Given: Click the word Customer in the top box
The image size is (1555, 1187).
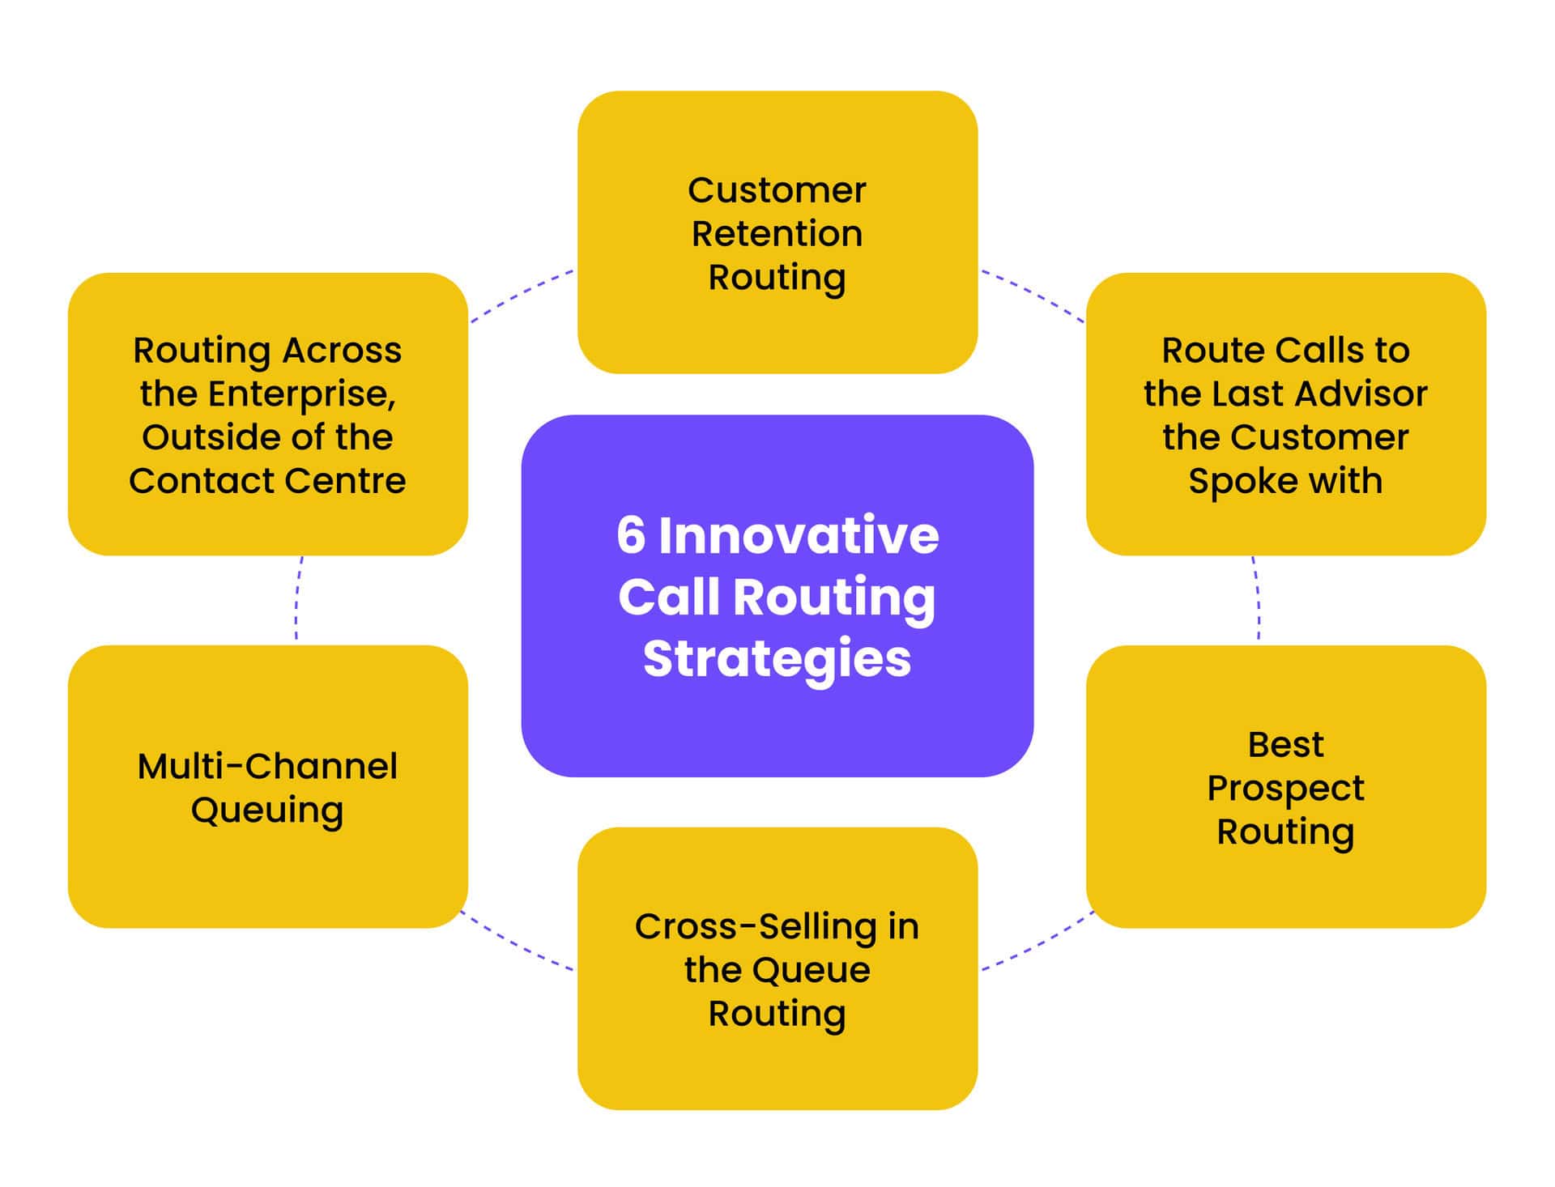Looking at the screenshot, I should pyautogui.click(x=776, y=191).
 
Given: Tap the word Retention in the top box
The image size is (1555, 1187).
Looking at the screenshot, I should pyautogui.click(x=776, y=234).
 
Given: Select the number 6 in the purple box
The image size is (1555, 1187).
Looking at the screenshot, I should pyautogui.click(x=631, y=535).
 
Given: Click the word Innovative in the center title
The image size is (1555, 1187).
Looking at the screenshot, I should pyautogui.click(x=798, y=535).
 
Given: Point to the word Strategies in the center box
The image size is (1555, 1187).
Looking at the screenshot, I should pyautogui.click(x=776, y=658).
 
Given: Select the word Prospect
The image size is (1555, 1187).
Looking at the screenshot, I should pyautogui.click(x=1284, y=788).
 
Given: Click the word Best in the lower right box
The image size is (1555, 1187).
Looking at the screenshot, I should pyautogui.click(x=1284, y=744).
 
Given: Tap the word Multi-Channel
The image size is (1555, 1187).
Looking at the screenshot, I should pyautogui.click(x=267, y=766).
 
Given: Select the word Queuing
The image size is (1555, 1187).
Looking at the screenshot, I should pyautogui.click(x=267, y=810).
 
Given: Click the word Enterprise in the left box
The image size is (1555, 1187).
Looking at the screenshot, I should pyautogui.click(x=301, y=394).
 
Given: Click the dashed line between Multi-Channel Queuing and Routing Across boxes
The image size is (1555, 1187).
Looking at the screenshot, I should pyautogui.click(x=297, y=600).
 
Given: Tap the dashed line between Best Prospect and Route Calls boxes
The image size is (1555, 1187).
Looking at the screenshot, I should pyautogui.click(x=1258, y=600).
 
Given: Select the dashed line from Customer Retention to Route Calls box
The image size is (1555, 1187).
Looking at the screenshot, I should pyautogui.click(x=1033, y=293).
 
